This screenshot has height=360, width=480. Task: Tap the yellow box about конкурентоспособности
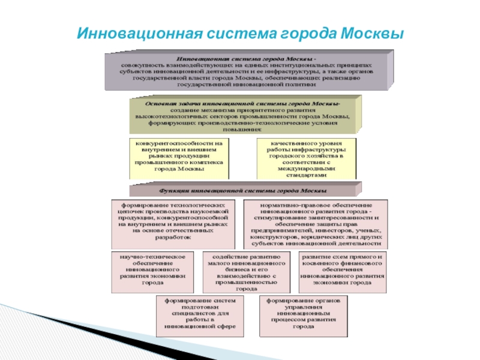[179, 157]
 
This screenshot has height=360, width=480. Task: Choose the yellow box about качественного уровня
[306, 159]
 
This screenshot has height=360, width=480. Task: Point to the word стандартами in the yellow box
[306, 176]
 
